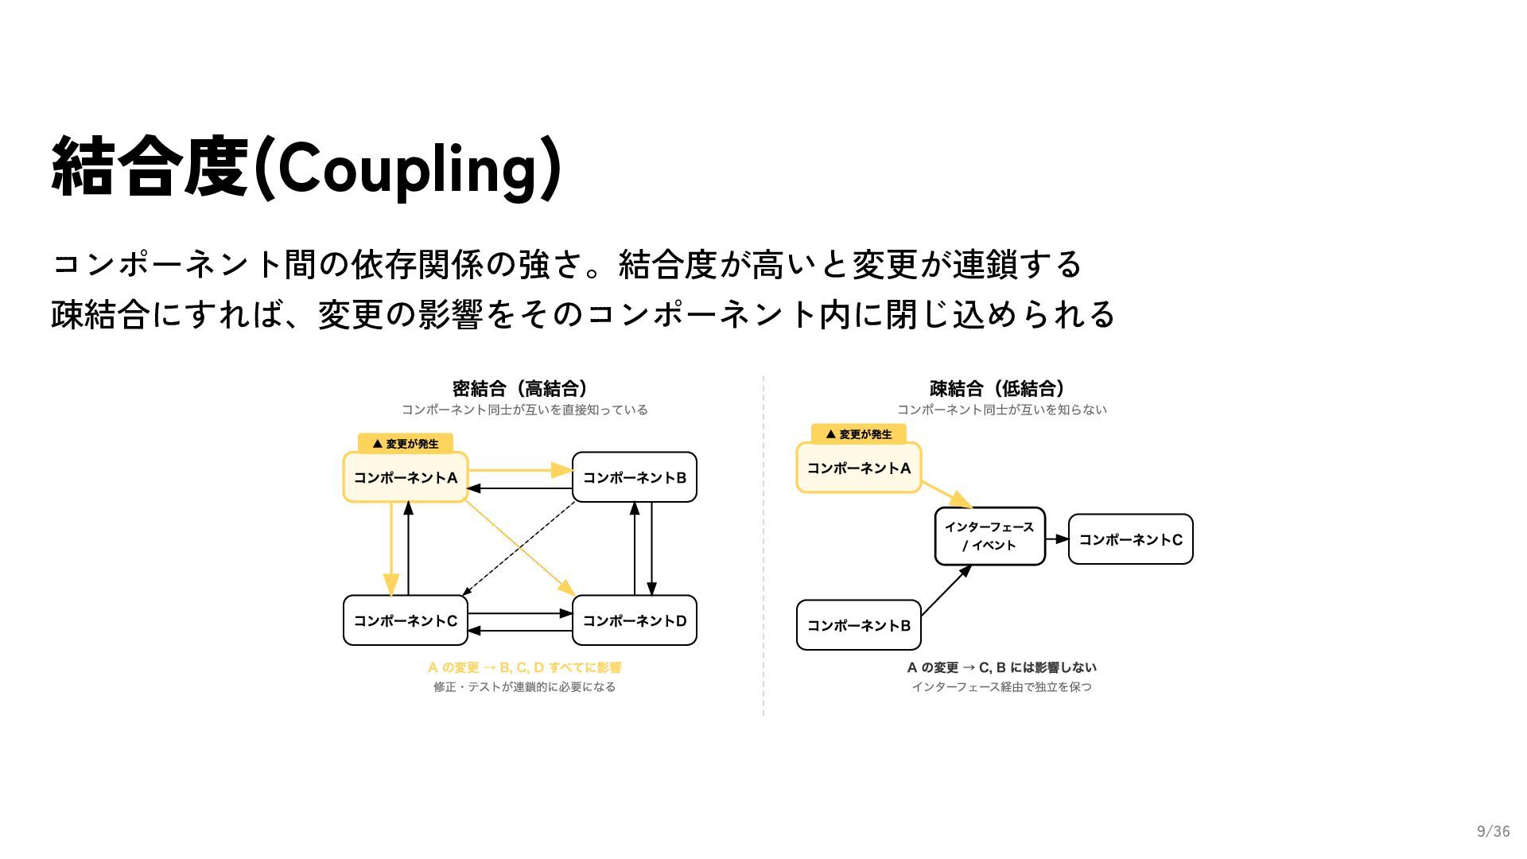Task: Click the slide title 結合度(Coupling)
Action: [x=306, y=167]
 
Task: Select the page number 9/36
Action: [x=1493, y=831]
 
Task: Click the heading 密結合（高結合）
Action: [x=520, y=388]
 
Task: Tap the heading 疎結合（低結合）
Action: [x=997, y=388]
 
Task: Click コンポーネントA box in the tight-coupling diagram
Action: [x=405, y=477]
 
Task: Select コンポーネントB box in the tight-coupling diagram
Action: [x=634, y=477]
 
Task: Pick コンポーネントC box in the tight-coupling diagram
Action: [x=405, y=620]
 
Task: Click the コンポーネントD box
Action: [x=634, y=620]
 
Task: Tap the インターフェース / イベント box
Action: [x=989, y=536]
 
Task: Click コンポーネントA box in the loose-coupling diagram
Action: [x=858, y=468]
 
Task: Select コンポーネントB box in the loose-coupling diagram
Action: [x=858, y=625]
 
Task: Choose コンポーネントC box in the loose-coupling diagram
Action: [x=1130, y=539]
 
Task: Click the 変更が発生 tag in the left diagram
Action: [x=406, y=444]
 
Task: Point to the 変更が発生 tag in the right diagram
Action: [x=859, y=434]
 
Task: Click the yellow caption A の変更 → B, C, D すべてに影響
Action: [x=524, y=667]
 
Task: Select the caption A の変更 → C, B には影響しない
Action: [x=1001, y=667]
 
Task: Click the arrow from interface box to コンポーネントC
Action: [x=1057, y=539]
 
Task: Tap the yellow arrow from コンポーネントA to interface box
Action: [x=946, y=493]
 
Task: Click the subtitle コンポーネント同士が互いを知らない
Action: [x=1002, y=410]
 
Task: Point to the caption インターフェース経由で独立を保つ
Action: [x=1001, y=686]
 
